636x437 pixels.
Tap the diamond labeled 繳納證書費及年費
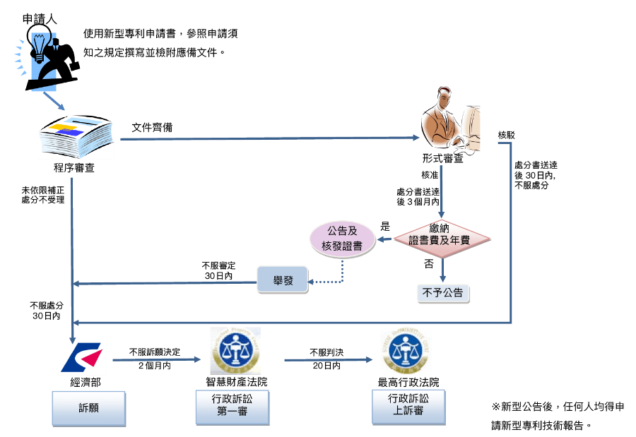442,239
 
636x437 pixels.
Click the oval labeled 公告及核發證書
342,239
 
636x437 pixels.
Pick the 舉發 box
283,280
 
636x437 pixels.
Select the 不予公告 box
443,293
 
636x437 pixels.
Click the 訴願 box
88,408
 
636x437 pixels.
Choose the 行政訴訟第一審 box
232,406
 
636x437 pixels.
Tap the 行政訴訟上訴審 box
408,405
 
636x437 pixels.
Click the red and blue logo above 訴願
82,357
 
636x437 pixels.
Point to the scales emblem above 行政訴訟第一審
235,351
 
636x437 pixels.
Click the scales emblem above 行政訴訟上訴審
406,350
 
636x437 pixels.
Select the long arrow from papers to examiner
269,138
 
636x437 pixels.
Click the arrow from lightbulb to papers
54,100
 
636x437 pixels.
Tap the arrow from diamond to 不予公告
442,270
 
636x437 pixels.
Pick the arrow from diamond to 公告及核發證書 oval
384,239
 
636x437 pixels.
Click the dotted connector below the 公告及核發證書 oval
342,272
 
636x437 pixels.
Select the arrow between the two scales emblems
328,360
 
